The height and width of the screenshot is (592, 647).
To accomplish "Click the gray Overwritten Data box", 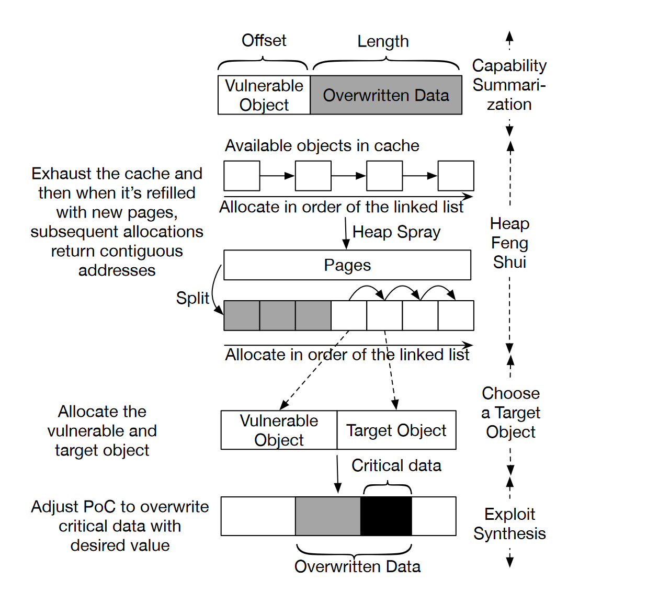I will (386, 95).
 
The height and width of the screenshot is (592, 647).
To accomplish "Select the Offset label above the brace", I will (264, 40).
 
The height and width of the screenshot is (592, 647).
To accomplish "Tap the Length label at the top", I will (383, 41).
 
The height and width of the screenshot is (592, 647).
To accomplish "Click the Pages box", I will (347, 265).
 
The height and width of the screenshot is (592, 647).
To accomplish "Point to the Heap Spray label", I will (396, 232).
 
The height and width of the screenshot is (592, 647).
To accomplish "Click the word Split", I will (192, 298).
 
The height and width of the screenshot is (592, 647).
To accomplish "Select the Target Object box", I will (396, 430).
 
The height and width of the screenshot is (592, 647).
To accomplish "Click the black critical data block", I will (386, 516).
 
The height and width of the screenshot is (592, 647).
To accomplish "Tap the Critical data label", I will (396, 465).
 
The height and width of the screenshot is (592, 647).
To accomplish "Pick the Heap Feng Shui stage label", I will (509, 243).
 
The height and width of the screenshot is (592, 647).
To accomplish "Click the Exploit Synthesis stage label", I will (509, 523).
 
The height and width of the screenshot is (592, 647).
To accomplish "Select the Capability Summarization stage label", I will (509, 85).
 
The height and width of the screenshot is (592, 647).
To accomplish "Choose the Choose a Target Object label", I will (510, 413).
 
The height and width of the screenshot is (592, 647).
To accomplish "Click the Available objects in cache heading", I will (322, 145).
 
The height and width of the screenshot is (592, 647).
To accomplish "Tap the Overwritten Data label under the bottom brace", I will (357, 566).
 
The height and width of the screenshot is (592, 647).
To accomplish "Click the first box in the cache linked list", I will (242, 176).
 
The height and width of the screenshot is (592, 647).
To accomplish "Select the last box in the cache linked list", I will (456, 176).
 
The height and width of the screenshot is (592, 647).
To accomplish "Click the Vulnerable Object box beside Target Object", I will (279, 430).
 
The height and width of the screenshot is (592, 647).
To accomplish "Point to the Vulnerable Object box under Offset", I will (264, 95).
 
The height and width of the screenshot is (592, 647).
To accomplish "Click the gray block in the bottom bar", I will (328, 516).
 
